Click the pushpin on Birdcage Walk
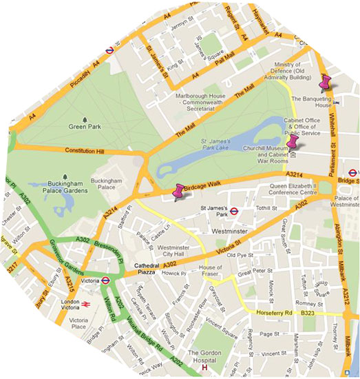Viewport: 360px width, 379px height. pos(180,192)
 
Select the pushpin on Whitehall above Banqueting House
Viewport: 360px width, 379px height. pos(326,84)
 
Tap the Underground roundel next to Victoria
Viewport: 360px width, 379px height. pos(107,280)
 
